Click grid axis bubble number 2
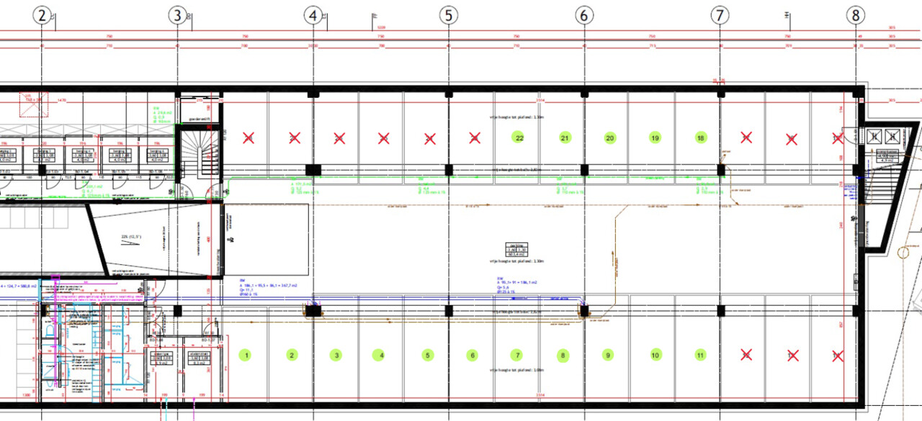coord(42,15)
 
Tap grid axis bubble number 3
coord(177,15)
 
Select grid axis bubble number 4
coord(313,15)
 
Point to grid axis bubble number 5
coord(448,15)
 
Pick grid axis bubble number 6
coord(583,15)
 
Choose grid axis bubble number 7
coord(720,15)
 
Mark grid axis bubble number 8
coord(855,15)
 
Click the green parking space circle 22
coord(519,137)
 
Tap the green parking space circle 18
coord(700,137)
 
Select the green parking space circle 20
coord(609,137)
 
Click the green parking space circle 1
coord(246,355)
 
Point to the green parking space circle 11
coord(700,355)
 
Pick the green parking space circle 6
coord(473,355)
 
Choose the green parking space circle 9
coord(609,355)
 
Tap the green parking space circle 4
coord(382,355)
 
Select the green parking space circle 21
coord(565,137)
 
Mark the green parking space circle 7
coord(517,355)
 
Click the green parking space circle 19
coord(655,137)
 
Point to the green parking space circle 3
coord(336,355)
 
